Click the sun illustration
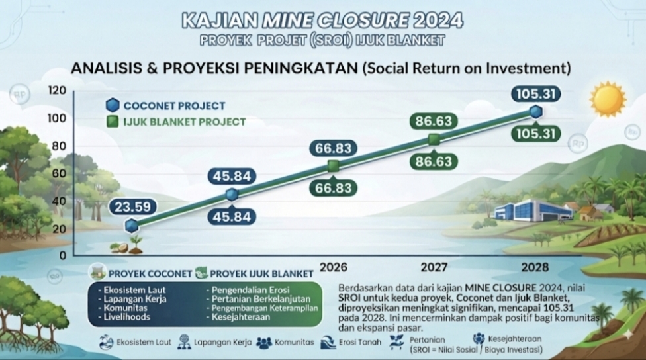coord(608,99)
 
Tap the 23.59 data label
coord(132,206)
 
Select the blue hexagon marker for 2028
coord(535,111)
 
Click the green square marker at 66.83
coord(334,166)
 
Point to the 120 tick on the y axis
coord(57,90)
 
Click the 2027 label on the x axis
coord(434,267)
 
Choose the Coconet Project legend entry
coord(165,105)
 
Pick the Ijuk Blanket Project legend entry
coord(176,122)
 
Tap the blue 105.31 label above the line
coord(535,94)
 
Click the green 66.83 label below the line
coord(334,188)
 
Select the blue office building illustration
coord(533,210)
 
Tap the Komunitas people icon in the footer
coord(264,343)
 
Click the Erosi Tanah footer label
coord(360,342)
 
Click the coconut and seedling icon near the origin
coord(126,245)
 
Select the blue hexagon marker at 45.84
coord(232,195)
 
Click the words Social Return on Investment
coord(467,68)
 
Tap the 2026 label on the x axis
coord(334,267)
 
